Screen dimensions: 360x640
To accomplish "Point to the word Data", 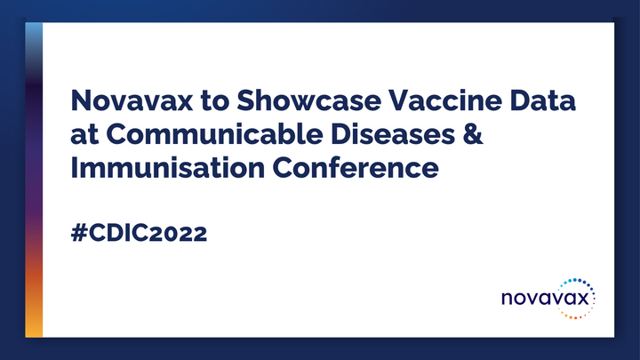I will (542, 101).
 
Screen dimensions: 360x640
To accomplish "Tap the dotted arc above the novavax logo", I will (578, 286).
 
